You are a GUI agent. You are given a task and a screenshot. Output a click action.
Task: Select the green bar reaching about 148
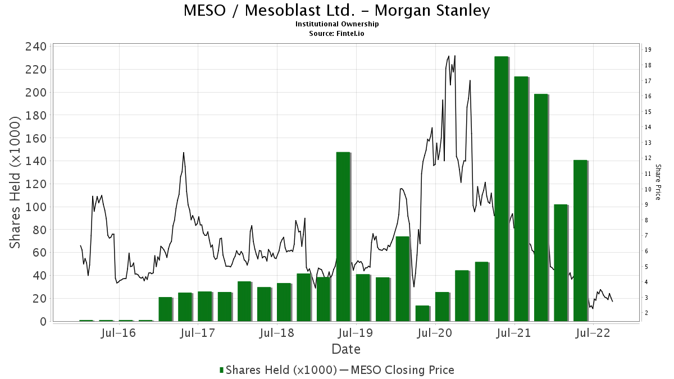[x=343, y=236]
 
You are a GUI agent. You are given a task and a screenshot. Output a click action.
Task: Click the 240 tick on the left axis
[x=37, y=47]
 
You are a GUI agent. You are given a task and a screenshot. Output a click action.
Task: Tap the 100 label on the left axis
[x=37, y=207]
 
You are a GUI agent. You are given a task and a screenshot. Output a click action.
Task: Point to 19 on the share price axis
[x=648, y=50]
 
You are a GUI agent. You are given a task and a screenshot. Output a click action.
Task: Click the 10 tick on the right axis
[x=648, y=189]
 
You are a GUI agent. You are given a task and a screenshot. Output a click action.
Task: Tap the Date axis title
[x=346, y=349]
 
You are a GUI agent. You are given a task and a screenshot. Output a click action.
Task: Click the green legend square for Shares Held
[x=222, y=370]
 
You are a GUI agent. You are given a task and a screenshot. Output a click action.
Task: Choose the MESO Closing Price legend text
[x=401, y=370]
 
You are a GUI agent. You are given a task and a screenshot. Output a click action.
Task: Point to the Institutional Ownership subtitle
[x=337, y=24]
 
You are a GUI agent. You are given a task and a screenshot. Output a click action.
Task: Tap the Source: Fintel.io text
[x=337, y=33]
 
